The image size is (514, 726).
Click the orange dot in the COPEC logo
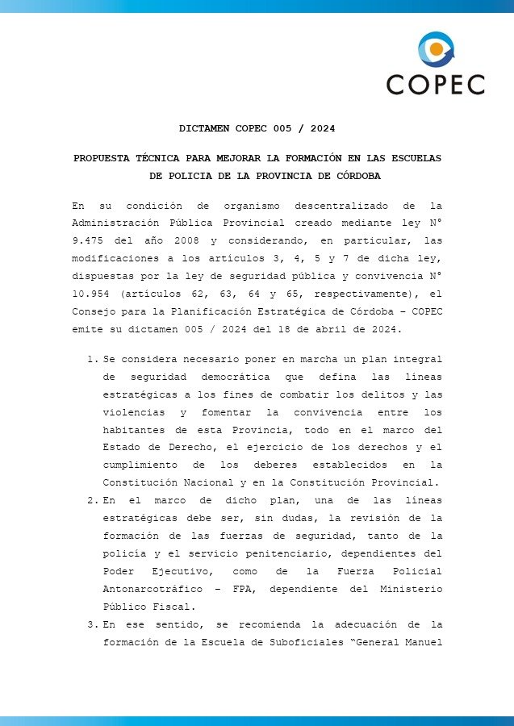pyautogui.click(x=437, y=49)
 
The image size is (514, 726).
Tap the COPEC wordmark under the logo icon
pyautogui.click(x=435, y=84)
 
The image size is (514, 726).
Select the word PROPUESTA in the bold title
pyautogui.click(x=101, y=158)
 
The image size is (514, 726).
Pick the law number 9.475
pyautogui.click(x=87, y=240)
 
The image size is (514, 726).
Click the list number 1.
pyautogui.click(x=92, y=358)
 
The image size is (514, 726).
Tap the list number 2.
pyautogui.click(x=92, y=500)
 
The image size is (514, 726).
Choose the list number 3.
pyautogui.click(x=92, y=624)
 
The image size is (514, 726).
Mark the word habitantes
pyautogui.click(x=136, y=429)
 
